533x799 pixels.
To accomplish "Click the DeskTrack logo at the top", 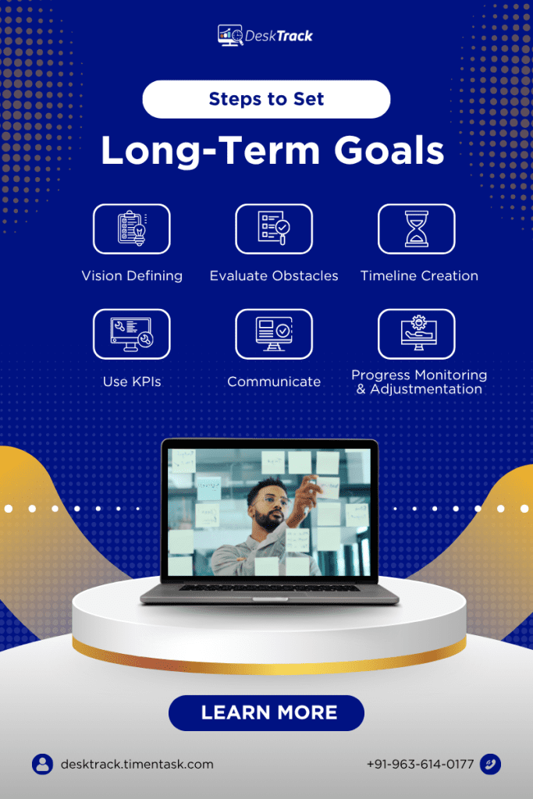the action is point(265,35).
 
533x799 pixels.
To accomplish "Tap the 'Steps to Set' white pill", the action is point(267,99).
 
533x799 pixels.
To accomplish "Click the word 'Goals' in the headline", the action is point(389,151).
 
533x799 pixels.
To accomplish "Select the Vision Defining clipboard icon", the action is point(131,229).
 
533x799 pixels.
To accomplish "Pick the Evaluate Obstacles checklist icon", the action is point(274,229).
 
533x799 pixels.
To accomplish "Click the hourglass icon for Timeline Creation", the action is point(416,229).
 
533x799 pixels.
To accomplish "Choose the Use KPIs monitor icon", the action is point(131,334).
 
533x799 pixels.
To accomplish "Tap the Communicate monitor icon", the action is point(274,334).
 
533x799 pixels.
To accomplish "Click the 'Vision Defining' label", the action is point(132,276).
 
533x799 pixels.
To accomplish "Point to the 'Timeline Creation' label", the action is point(419,275).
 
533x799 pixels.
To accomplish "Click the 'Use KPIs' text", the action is point(132,382).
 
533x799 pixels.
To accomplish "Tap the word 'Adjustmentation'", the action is point(426,389).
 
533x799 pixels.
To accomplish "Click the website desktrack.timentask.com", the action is point(137,765).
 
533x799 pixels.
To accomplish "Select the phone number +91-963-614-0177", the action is point(421,765).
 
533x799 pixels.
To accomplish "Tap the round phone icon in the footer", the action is point(490,765).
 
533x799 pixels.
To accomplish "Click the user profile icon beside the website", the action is point(42,765).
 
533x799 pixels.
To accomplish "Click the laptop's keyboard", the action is point(269,588).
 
